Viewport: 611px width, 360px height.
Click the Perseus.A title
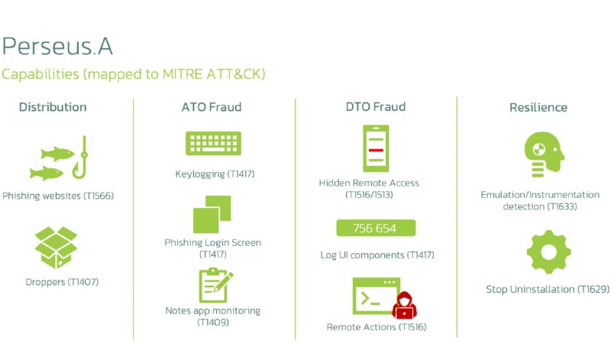58,46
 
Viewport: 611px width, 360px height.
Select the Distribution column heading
53,107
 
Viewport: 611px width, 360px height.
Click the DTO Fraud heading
376,107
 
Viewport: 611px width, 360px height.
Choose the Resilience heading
538,107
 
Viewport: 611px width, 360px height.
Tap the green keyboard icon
214,144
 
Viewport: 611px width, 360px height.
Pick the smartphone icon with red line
376,148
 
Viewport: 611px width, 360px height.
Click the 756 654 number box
375,229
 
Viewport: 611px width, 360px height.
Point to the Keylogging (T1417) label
215,174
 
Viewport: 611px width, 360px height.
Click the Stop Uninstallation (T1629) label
540,290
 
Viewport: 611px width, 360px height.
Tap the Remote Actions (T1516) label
376,327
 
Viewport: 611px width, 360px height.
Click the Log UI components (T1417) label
377,255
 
